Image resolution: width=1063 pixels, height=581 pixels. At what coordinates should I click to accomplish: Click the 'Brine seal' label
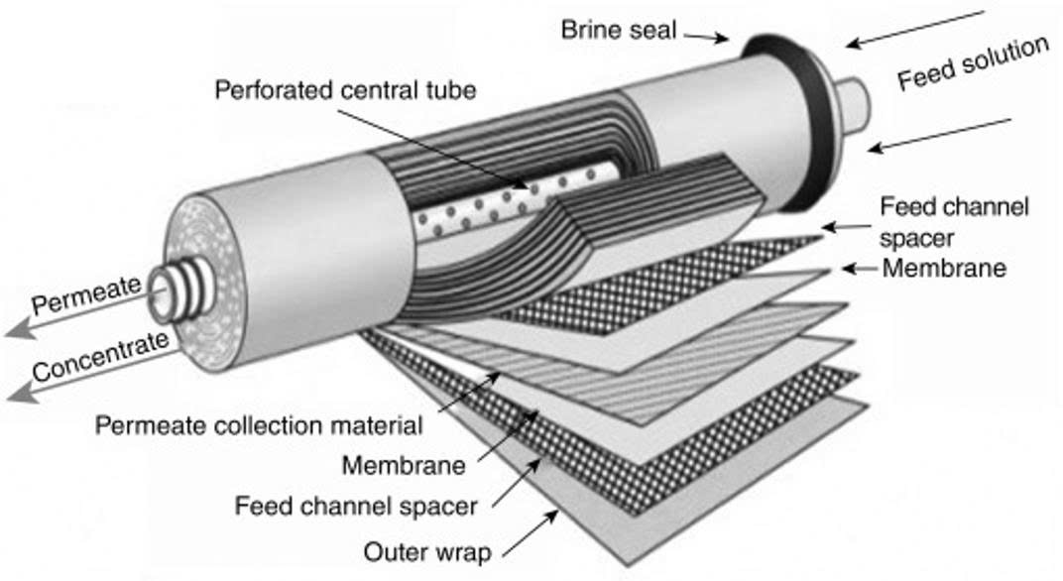point(619,31)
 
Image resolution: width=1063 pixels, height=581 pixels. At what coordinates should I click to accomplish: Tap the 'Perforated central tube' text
point(345,90)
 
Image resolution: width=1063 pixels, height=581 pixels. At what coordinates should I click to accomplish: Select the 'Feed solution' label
point(973,63)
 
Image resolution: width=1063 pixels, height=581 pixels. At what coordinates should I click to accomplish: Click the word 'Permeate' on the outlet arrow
point(87,294)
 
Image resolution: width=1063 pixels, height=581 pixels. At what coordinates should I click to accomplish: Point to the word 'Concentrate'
point(100,356)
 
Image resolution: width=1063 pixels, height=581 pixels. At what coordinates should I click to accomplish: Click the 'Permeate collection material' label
point(259,425)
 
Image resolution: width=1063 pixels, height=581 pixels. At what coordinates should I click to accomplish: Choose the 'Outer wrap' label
point(427,552)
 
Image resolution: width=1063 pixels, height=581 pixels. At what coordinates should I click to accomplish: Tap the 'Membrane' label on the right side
point(944,269)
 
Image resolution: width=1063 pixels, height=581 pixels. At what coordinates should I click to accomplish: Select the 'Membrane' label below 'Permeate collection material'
point(404,465)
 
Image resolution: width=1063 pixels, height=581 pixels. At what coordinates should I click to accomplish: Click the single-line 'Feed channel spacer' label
point(356,506)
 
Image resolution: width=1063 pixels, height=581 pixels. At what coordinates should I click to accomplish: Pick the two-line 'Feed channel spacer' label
point(954,222)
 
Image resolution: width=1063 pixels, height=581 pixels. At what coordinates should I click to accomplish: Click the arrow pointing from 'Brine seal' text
point(706,36)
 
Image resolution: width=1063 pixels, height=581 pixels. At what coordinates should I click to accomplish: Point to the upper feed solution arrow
point(915,29)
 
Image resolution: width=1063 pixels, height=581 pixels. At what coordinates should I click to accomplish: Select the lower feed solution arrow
point(939,136)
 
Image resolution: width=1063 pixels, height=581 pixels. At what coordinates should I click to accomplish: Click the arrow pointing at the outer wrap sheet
point(531,534)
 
